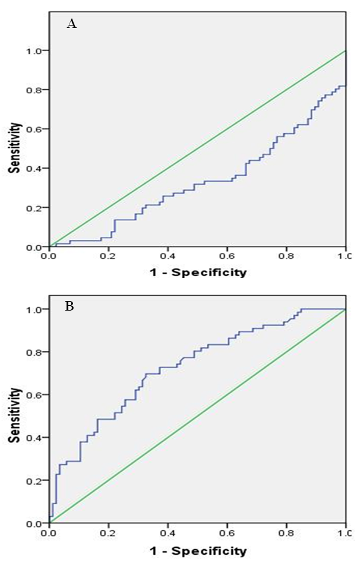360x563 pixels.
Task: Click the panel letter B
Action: coord(70,308)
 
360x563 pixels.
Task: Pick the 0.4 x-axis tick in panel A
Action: coord(168,257)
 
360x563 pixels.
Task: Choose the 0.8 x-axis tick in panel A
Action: coord(286,257)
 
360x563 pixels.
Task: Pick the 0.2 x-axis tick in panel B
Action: coord(108,533)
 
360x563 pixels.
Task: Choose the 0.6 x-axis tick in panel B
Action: coord(227,533)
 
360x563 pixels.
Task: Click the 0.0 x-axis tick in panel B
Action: coord(49,533)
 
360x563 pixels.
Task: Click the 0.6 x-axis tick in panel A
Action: coord(227,257)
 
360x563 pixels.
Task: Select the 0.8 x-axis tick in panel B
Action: coord(286,533)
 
